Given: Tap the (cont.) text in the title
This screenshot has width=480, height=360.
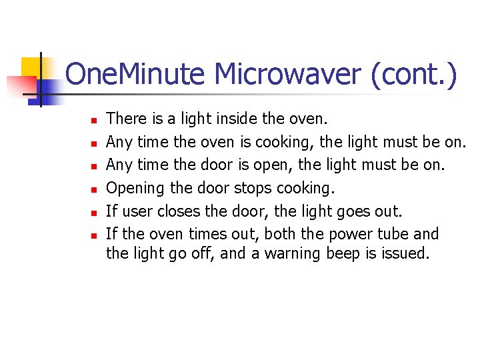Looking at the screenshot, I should [x=414, y=75].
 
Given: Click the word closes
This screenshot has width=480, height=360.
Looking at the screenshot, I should [x=175, y=211].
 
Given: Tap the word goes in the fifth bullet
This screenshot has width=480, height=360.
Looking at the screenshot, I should [x=351, y=211].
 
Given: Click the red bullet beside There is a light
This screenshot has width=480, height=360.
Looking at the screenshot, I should [x=94, y=121].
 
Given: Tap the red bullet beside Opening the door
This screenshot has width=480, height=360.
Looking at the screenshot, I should [x=94, y=190].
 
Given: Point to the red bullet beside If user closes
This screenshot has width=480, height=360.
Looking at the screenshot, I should [x=94, y=213].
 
